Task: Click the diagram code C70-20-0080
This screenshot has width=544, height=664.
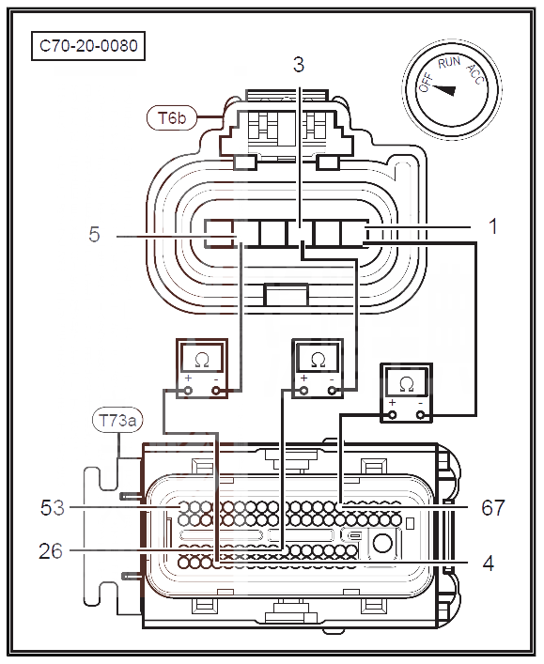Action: point(88,46)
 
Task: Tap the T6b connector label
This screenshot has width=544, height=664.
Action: point(172,117)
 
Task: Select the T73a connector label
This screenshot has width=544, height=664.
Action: point(117,421)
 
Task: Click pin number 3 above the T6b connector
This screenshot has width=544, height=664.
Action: point(299,65)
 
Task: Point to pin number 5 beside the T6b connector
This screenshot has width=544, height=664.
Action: point(94,234)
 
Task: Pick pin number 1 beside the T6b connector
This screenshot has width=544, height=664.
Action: point(492,226)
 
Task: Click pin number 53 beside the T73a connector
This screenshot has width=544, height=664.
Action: point(53,507)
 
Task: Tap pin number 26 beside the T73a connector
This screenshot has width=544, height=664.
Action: point(51,551)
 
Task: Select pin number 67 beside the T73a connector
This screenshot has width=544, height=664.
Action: point(493,507)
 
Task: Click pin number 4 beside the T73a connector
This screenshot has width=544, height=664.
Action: point(489,564)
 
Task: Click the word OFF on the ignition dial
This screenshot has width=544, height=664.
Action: point(426,82)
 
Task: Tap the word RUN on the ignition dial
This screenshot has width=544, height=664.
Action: point(449,63)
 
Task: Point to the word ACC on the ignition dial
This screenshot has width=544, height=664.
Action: point(475,75)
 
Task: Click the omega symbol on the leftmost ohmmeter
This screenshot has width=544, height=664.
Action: point(202,361)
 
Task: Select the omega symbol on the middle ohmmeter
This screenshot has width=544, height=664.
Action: point(318,361)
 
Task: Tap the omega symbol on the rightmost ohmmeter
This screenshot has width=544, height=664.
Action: point(407,384)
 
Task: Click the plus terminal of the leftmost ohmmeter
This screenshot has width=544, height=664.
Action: point(188,391)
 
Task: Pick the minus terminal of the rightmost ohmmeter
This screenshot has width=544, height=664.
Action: point(420,415)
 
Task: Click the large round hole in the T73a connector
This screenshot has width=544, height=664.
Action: point(382,543)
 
